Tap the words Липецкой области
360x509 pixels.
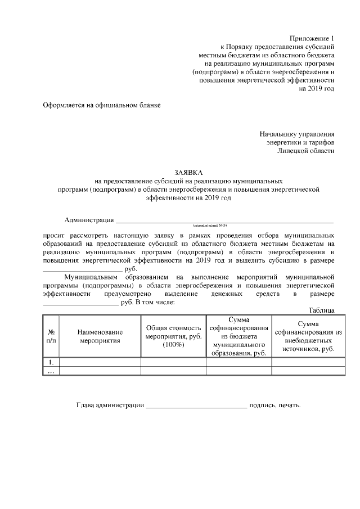306,150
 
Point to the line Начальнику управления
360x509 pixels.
297,134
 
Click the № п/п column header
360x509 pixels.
51,336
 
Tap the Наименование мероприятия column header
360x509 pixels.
100,336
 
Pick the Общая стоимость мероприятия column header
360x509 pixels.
173,336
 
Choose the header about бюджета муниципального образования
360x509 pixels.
239,336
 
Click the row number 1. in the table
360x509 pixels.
51,362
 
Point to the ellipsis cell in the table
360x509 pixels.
51,371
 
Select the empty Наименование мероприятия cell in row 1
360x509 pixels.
100,362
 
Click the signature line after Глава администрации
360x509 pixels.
196,406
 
